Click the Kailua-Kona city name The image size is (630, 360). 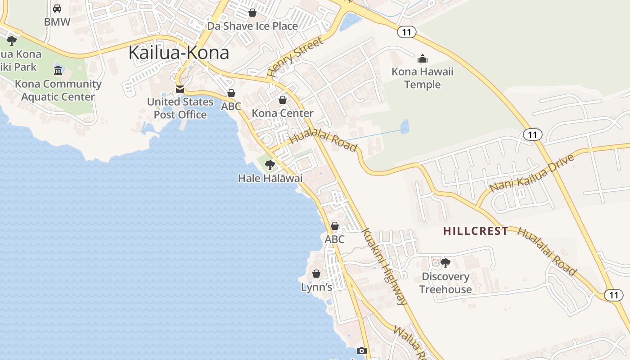[179, 53]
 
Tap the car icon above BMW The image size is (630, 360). [57, 9]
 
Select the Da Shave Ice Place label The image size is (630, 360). [252, 26]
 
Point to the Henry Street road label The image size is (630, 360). [295, 57]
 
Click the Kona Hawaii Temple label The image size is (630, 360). [422, 78]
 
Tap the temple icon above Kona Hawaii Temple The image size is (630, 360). [422, 58]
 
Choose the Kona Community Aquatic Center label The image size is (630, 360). [58, 90]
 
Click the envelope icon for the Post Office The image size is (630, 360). [180, 89]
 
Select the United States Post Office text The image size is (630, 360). [180, 108]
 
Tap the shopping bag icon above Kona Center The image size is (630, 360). [283, 100]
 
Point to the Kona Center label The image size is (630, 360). [283, 113]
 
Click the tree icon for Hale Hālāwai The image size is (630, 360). [270, 165]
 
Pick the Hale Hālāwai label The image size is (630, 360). [270, 178]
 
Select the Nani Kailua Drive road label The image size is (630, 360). [532, 173]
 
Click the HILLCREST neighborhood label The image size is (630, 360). [476, 231]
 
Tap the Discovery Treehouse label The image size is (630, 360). [445, 283]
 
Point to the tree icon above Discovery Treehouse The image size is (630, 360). [445, 263]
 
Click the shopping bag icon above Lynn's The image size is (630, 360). [316, 274]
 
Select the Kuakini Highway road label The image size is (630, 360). [385, 267]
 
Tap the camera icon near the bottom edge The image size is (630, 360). [362, 351]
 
